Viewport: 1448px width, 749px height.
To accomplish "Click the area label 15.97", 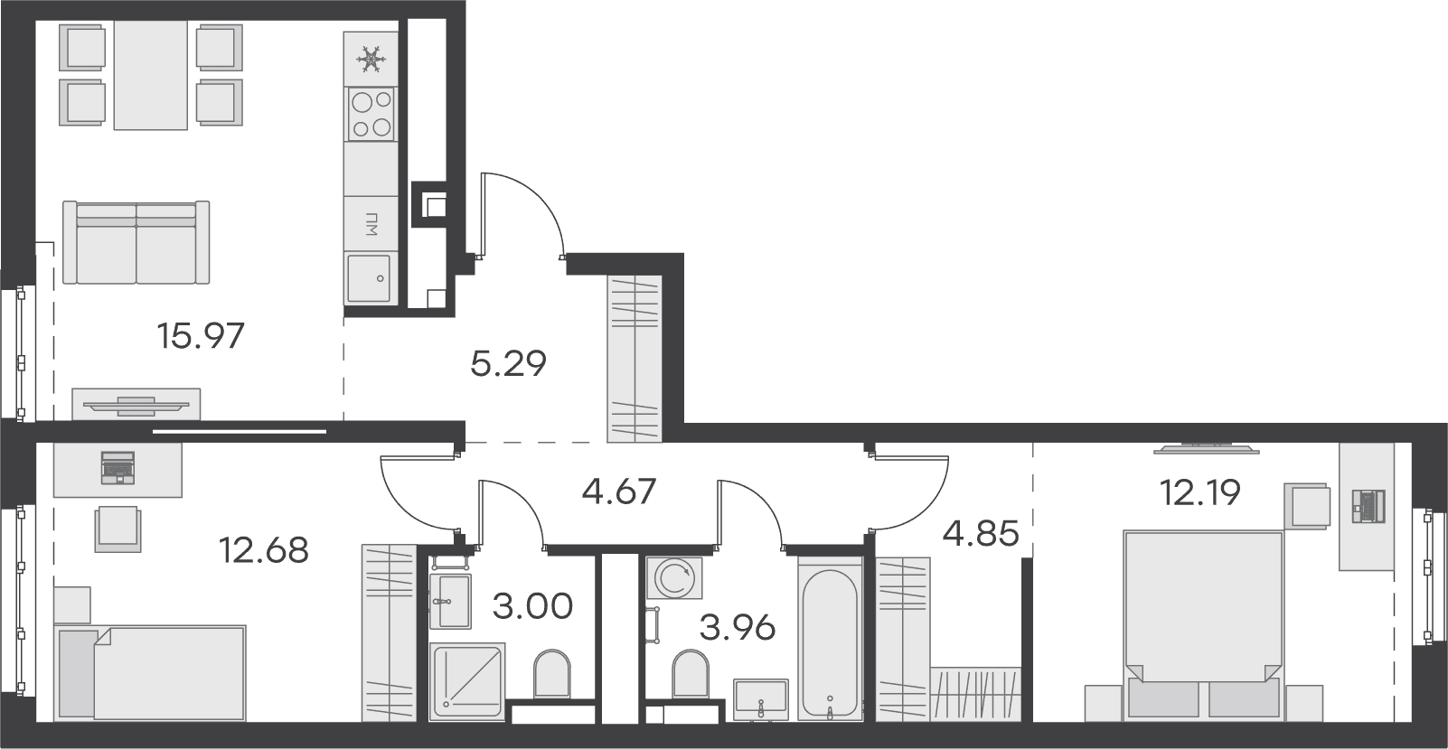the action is click(x=201, y=336).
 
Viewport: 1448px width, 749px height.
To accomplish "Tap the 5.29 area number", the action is click(x=508, y=363).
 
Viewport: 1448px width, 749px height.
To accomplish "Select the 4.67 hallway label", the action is click(x=618, y=492).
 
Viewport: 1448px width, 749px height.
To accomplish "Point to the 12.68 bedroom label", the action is click(x=264, y=550).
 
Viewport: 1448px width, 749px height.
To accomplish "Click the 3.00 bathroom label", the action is click(x=532, y=606).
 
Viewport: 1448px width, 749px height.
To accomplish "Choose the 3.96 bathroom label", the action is click(x=738, y=628).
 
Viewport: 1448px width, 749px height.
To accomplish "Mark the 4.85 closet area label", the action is click(x=981, y=534).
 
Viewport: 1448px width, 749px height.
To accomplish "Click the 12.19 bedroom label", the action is click(x=1200, y=493).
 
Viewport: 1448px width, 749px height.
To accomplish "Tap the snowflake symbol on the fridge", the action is click(x=371, y=60).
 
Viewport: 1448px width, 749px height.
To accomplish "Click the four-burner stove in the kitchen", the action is click(x=371, y=115).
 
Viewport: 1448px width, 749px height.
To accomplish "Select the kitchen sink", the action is click(x=369, y=278).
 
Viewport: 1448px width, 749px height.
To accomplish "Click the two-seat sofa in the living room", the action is click(x=136, y=242).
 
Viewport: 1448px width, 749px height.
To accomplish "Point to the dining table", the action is click(x=151, y=75).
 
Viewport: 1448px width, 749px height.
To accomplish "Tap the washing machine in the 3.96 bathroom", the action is click(x=674, y=577).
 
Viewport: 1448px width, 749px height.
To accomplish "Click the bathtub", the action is click(x=830, y=640).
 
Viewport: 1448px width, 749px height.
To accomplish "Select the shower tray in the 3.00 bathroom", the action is click(x=466, y=679).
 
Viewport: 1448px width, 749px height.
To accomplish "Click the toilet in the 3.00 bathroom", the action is click(x=552, y=673).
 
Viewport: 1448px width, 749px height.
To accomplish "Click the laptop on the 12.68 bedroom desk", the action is click(x=118, y=468).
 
